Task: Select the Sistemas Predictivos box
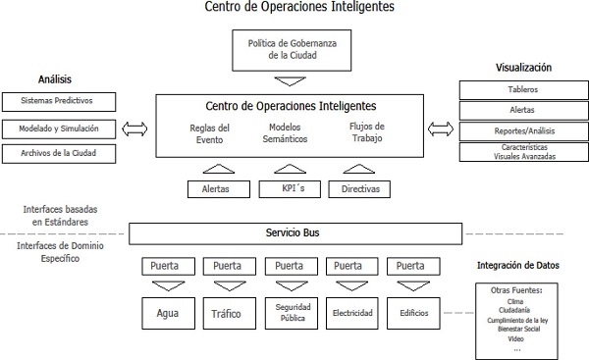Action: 60,102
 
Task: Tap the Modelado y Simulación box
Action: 60,129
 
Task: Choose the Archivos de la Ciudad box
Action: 60,154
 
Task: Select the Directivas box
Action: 358,188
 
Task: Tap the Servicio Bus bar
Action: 295,233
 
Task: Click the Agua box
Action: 168,314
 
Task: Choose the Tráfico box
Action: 228,314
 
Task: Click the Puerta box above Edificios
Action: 410,266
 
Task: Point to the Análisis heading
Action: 55,78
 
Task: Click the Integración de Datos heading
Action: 517,265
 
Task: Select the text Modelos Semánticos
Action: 289,132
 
